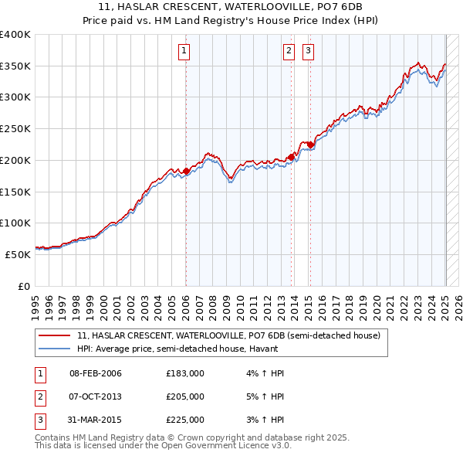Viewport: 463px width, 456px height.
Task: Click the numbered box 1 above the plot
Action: pyautogui.click(x=185, y=52)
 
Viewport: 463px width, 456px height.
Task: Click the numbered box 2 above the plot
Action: pyautogui.click(x=289, y=52)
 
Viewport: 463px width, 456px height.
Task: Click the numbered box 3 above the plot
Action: pyautogui.click(x=308, y=52)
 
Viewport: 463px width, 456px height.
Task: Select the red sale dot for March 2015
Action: pyautogui.click(x=309, y=145)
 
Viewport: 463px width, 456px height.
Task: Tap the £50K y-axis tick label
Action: pyautogui.click(x=19, y=254)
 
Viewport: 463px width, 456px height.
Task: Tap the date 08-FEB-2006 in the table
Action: pyautogui.click(x=96, y=373)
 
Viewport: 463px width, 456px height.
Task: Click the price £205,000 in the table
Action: pyautogui.click(x=184, y=396)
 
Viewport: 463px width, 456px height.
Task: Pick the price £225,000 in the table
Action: pyautogui.click(x=184, y=420)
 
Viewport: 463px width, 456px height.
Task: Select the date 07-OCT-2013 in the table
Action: pyautogui.click(x=96, y=396)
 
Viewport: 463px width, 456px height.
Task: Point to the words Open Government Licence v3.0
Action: pyautogui.click(x=223, y=446)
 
